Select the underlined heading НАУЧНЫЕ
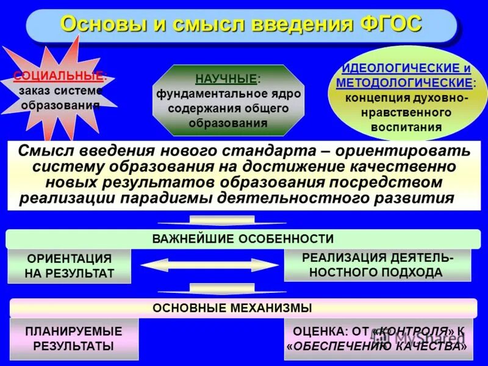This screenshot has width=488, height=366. (217, 79)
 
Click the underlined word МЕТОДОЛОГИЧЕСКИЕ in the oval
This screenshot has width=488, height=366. (404, 82)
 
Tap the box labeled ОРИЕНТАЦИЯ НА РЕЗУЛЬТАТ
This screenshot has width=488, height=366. (69, 266)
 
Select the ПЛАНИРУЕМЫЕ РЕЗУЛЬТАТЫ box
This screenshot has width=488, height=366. (74, 339)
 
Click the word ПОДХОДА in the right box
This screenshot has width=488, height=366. (409, 272)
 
